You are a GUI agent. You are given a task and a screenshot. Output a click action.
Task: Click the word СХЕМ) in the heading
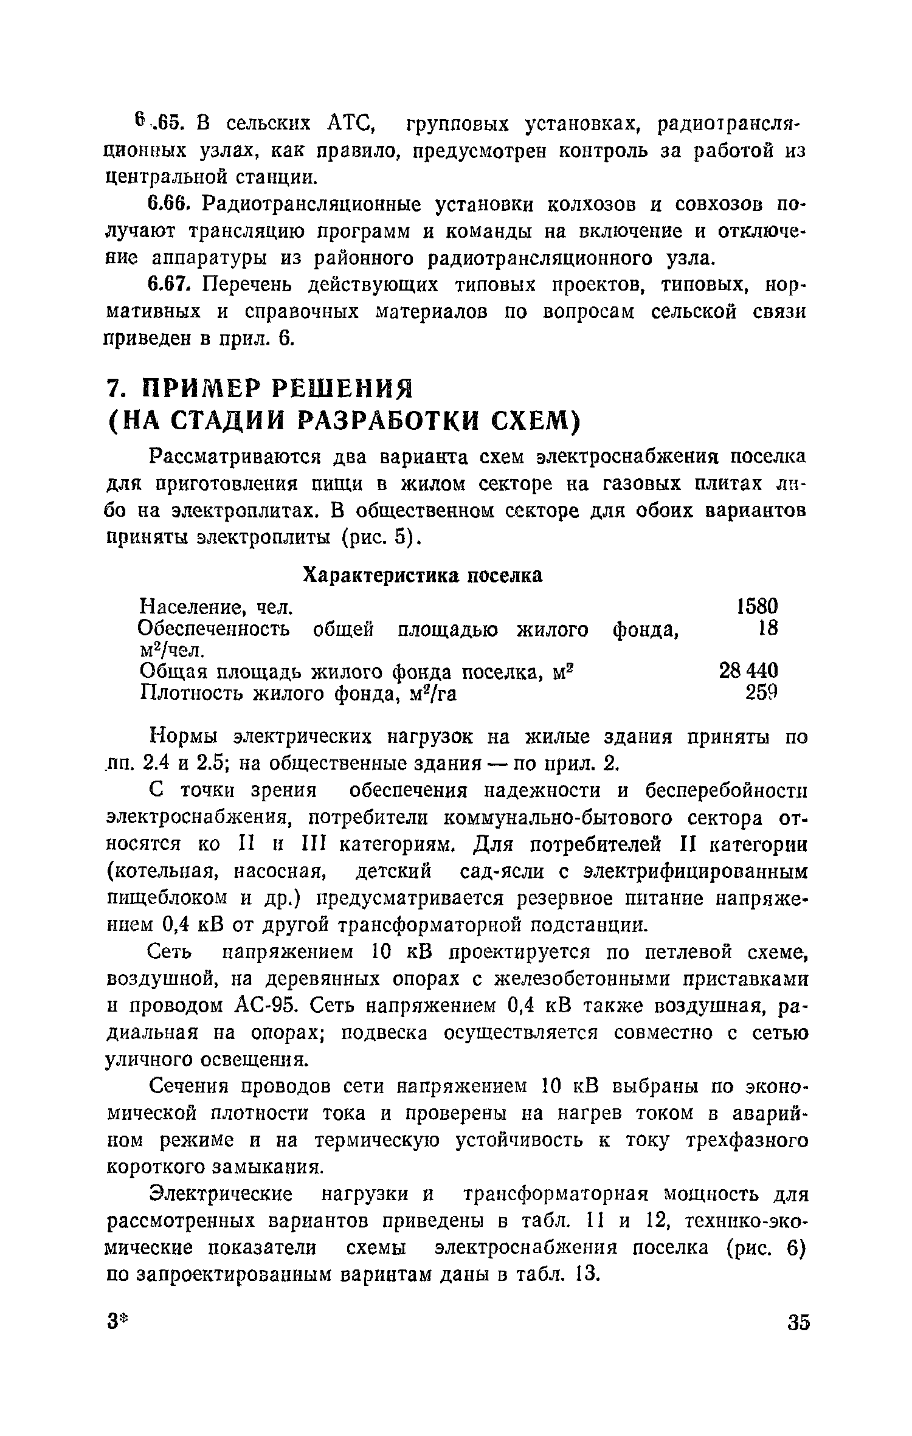click(534, 421)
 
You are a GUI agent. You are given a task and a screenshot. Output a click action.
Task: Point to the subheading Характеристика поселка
click(423, 575)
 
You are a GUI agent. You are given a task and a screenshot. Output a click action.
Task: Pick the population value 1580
click(756, 606)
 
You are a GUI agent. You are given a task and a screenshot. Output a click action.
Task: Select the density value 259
click(761, 692)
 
